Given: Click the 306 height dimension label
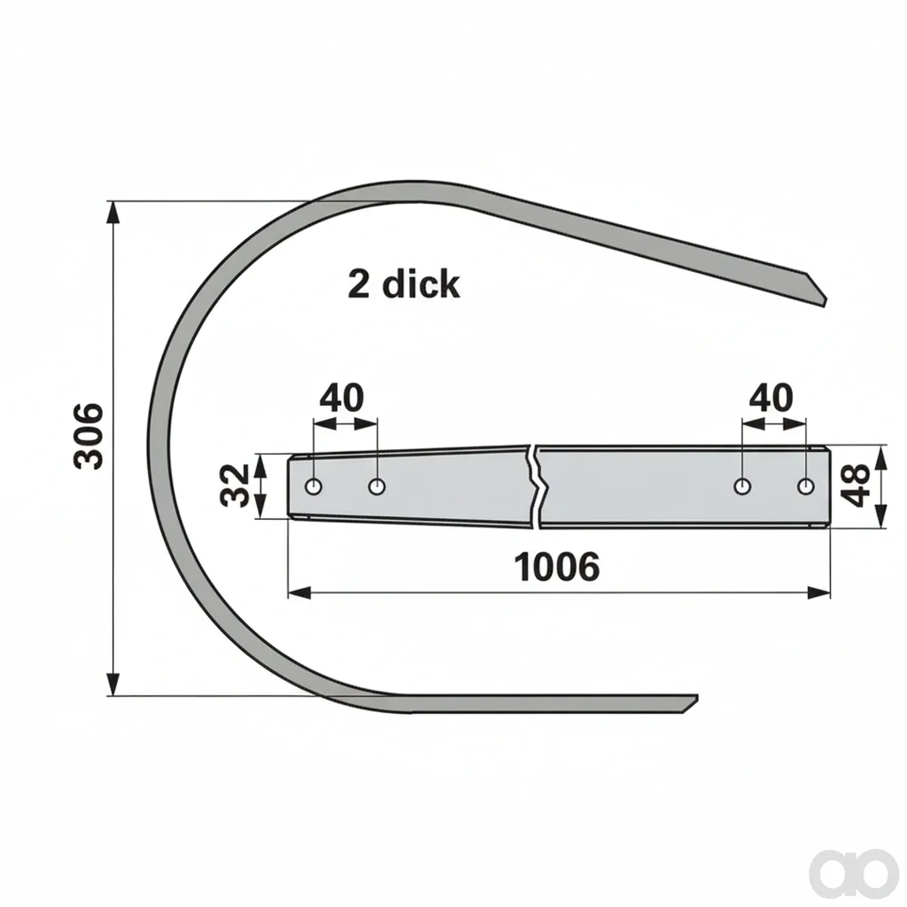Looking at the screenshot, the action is pos(88,435).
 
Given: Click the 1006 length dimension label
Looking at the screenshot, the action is pos(557,567).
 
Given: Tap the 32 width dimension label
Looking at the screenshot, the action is pos(234,485).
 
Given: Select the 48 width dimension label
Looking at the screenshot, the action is pos(854,484).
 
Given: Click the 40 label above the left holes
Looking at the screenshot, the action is pos(342,398).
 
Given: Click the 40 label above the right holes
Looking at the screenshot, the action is pos(771,398).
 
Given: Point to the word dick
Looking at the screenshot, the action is pos(420,284).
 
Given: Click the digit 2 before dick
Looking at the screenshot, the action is pos(359,285).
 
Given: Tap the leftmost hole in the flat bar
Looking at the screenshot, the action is pos(314,486).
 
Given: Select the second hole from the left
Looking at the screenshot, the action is pos(376,486).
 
